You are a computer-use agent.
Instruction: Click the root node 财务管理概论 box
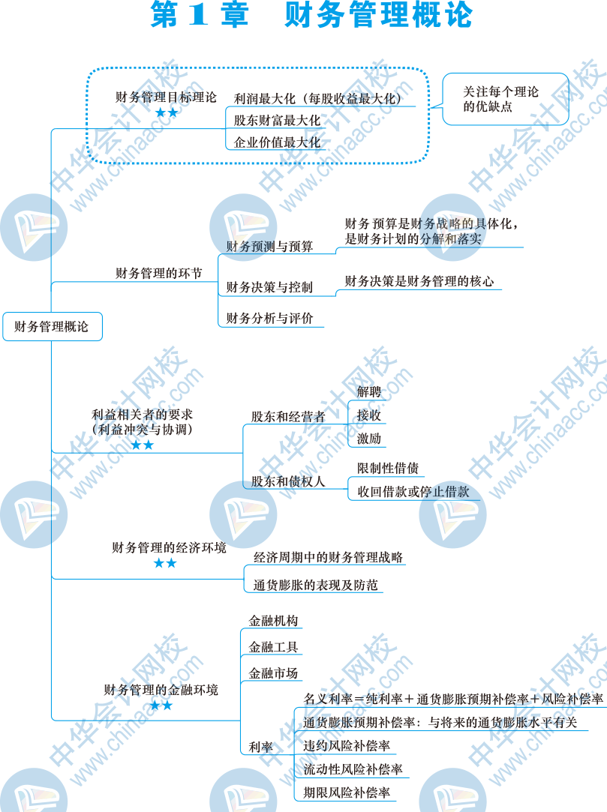click(52, 327)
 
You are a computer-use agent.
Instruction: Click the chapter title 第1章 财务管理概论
click(311, 16)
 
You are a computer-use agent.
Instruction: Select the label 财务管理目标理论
click(166, 97)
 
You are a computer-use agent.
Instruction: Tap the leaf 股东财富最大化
click(277, 120)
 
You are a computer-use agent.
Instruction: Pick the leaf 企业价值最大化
click(277, 142)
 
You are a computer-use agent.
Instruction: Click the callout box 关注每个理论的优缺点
click(500, 99)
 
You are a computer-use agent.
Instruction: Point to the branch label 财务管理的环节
click(158, 274)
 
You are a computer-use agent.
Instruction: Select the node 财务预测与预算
click(269, 246)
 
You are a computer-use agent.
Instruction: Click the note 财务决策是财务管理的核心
click(419, 281)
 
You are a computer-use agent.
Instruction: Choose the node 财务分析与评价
click(269, 318)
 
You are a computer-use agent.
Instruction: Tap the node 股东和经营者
click(288, 416)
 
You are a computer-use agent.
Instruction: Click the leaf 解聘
click(369, 391)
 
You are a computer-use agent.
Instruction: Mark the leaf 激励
click(369, 439)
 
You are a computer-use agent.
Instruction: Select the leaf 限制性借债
click(388, 469)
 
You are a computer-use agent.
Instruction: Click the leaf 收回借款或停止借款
click(413, 492)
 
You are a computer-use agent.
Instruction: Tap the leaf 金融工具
click(274, 646)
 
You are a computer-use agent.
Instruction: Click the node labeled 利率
click(260, 746)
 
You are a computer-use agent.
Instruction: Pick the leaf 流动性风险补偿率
click(353, 769)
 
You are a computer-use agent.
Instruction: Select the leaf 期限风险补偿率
click(347, 792)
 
